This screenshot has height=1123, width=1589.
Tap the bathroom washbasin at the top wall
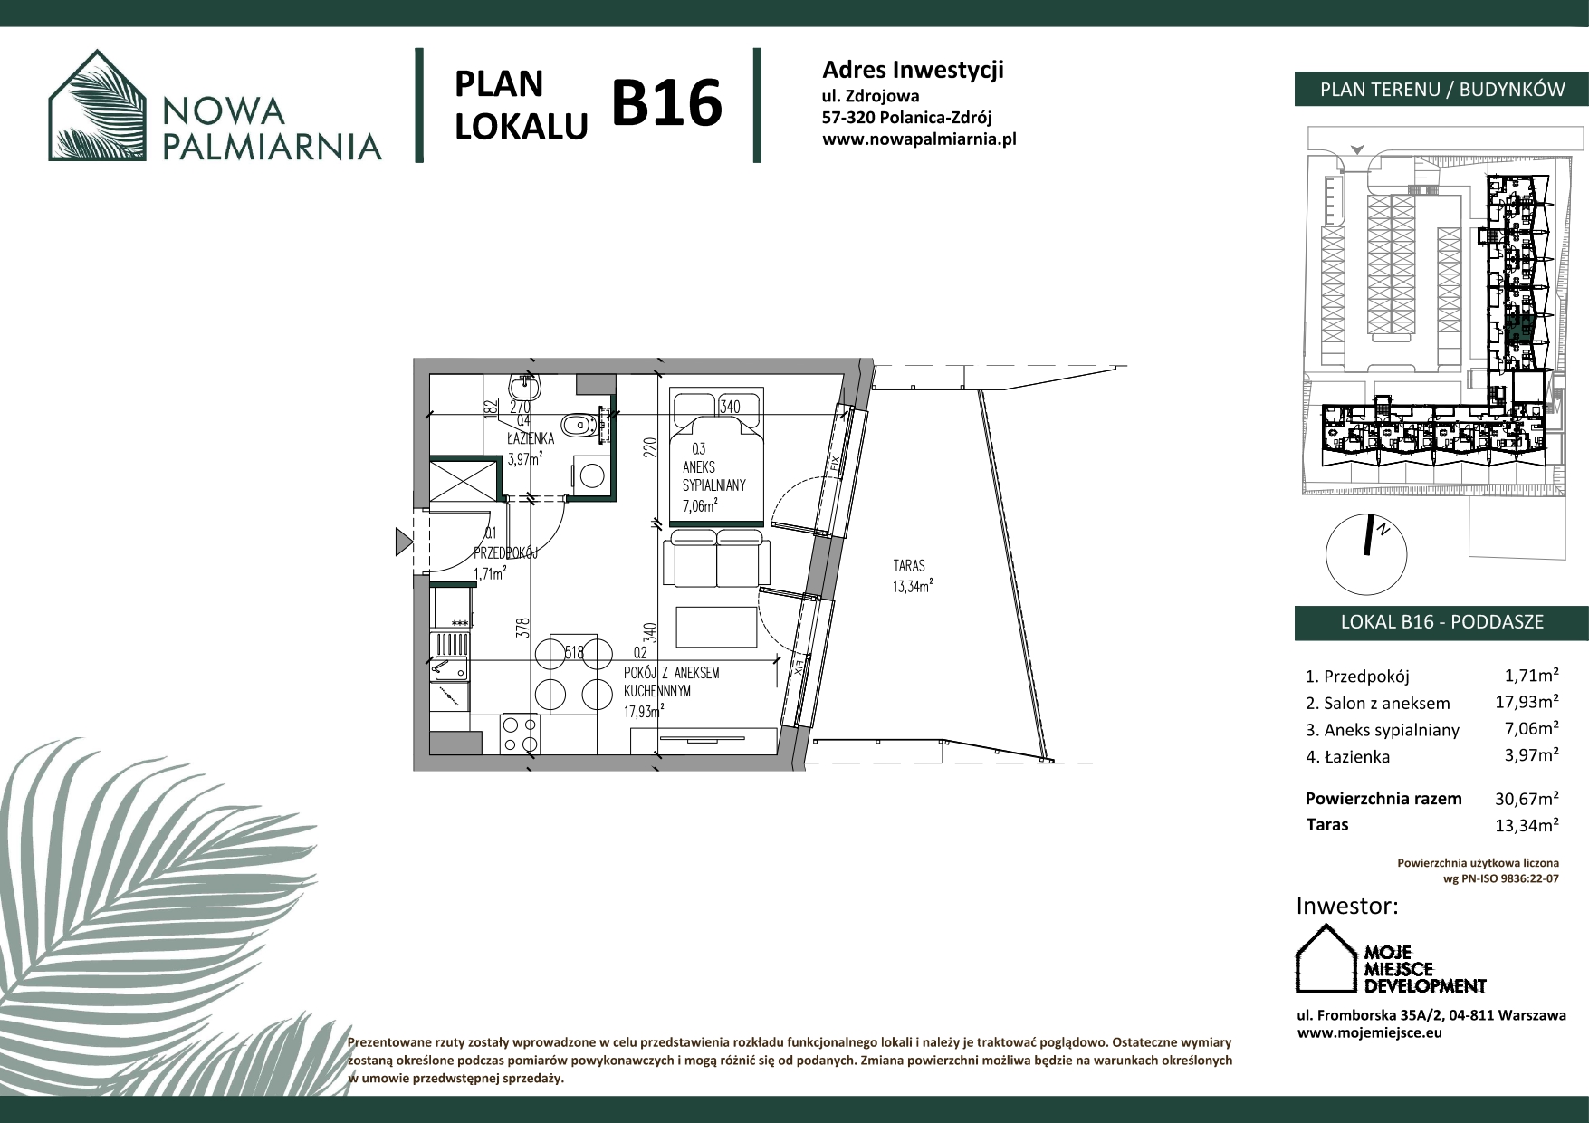[524, 389]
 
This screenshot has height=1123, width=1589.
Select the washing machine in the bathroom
[591, 475]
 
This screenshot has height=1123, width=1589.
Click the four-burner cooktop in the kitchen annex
[520, 734]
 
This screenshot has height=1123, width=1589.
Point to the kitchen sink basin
[450, 657]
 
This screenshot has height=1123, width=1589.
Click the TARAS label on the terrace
[909, 566]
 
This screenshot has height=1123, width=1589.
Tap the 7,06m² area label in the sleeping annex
[701, 505]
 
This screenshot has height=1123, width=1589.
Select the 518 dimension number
[574, 652]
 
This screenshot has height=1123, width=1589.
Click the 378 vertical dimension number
[522, 629]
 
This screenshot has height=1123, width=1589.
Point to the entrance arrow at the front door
[404, 542]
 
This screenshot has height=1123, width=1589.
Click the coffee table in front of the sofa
[716, 627]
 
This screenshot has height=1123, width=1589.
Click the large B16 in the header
[667, 102]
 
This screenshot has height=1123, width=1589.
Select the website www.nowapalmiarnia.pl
[919, 139]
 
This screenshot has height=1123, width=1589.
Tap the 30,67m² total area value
[1527, 799]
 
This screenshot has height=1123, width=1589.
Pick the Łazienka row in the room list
[1432, 756]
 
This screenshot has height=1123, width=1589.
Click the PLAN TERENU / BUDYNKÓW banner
[1441, 89]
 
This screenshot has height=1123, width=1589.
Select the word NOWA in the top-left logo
[225, 110]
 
